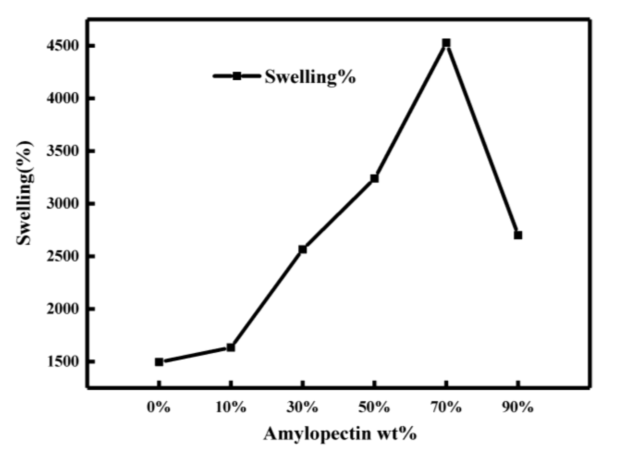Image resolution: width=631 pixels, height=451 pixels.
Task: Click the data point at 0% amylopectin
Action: coord(159,362)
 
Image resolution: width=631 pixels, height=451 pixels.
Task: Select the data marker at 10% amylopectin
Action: coord(231,347)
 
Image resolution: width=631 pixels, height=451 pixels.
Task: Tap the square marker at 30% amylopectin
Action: coord(303,249)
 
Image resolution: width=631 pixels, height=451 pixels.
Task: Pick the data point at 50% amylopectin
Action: coord(374,178)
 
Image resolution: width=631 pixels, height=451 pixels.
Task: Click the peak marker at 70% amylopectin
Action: coord(446,43)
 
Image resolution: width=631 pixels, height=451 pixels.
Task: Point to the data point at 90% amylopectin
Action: coord(518,235)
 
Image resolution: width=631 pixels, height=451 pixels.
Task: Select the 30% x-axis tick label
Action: coord(302,408)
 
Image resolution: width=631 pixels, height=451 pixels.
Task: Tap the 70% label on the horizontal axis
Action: coord(446,408)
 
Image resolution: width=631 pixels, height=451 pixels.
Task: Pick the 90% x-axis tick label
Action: coord(518,408)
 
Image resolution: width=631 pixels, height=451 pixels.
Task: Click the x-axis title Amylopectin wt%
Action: coord(340,434)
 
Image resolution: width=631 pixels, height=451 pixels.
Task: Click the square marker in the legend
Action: coord(237,76)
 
